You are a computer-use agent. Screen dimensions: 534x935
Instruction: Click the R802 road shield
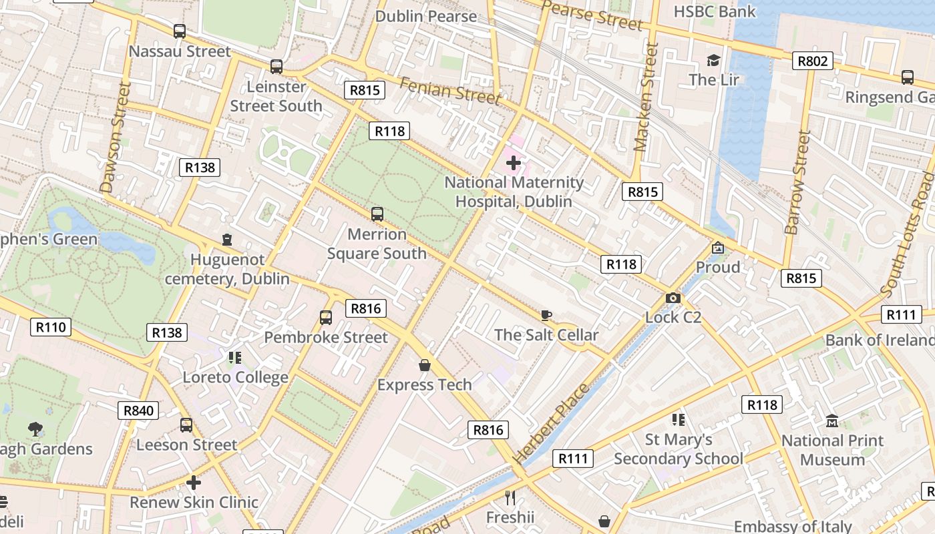pyautogui.click(x=813, y=61)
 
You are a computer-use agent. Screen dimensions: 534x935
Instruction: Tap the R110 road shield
pyautogui.click(x=51, y=327)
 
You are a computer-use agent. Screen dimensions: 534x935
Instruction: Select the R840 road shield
pyautogui.click(x=138, y=411)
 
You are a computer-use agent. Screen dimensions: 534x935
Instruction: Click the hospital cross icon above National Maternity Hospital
pyautogui.click(x=513, y=162)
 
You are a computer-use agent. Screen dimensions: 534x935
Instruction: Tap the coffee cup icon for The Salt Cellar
pyautogui.click(x=546, y=315)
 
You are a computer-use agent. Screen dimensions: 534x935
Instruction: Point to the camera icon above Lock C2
pyautogui.click(x=673, y=298)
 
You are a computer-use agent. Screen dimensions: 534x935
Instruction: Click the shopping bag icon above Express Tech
pyautogui.click(x=424, y=365)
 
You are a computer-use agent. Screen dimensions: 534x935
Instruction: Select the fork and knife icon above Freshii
pyautogui.click(x=510, y=497)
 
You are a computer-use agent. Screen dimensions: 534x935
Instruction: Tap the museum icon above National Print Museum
pyautogui.click(x=832, y=421)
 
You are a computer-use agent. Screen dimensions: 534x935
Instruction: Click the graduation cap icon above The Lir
pyautogui.click(x=713, y=61)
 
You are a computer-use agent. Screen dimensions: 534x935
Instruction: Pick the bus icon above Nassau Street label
pyautogui.click(x=179, y=31)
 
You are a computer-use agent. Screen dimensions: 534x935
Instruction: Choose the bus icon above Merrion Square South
pyautogui.click(x=377, y=214)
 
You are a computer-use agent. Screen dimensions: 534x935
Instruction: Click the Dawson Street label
pyautogui.click(x=113, y=138)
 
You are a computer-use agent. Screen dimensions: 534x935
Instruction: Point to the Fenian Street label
pyautogui.click(x=449, y=90)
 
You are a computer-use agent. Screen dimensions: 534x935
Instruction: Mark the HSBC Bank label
pyautogui.click(x=715, y=11)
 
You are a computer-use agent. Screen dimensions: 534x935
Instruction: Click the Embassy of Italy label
pyautogui.click(x=793, y=527)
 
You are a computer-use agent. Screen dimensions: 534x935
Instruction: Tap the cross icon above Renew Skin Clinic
pyautogui.click(x=194, y=482)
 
